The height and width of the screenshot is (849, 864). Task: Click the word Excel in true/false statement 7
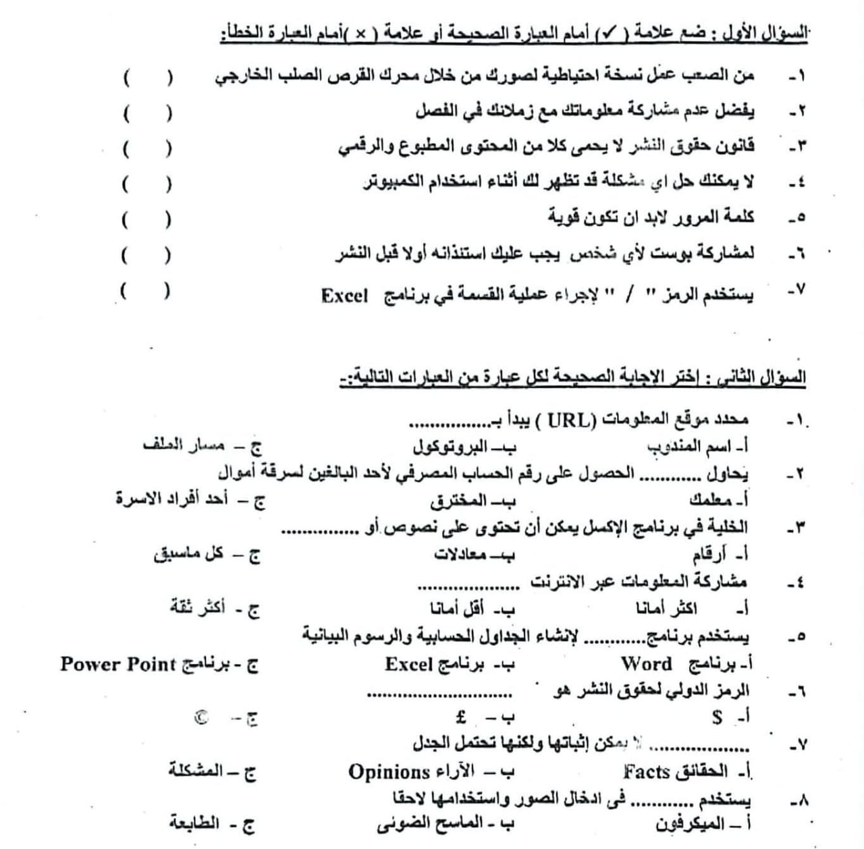pos(344,296)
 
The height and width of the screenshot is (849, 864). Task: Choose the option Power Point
pos(118,664)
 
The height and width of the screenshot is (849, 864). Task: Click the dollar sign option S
pos(717,717)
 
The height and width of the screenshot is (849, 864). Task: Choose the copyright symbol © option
pos(201,718)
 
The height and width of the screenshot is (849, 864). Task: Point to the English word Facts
pos(646,772)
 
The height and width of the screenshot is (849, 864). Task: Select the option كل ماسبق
pos(188,555)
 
